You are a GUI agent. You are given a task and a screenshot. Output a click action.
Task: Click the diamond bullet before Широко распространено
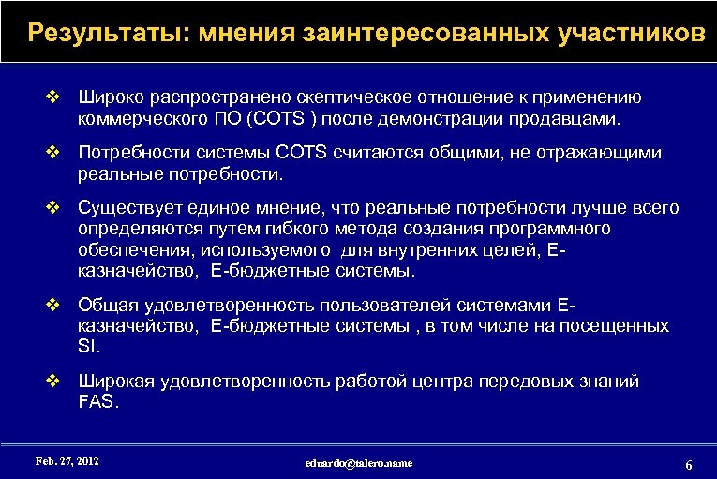(53, 96)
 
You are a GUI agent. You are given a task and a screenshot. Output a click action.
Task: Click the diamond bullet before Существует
(53, 207)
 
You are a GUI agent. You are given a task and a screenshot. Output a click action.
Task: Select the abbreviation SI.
(87, 347)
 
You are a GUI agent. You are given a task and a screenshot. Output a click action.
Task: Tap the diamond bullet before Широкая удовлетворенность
(53, 381)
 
